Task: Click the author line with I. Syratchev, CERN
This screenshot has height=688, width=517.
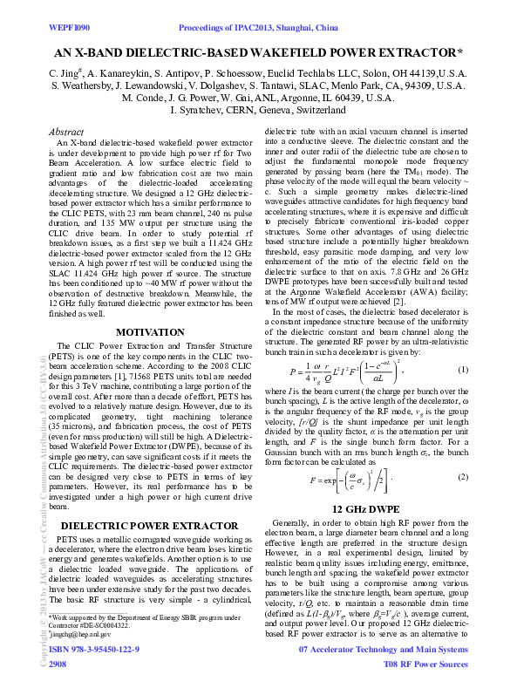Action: (x=258, y=112)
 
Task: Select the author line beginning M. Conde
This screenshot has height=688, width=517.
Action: (x=258, y=99)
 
